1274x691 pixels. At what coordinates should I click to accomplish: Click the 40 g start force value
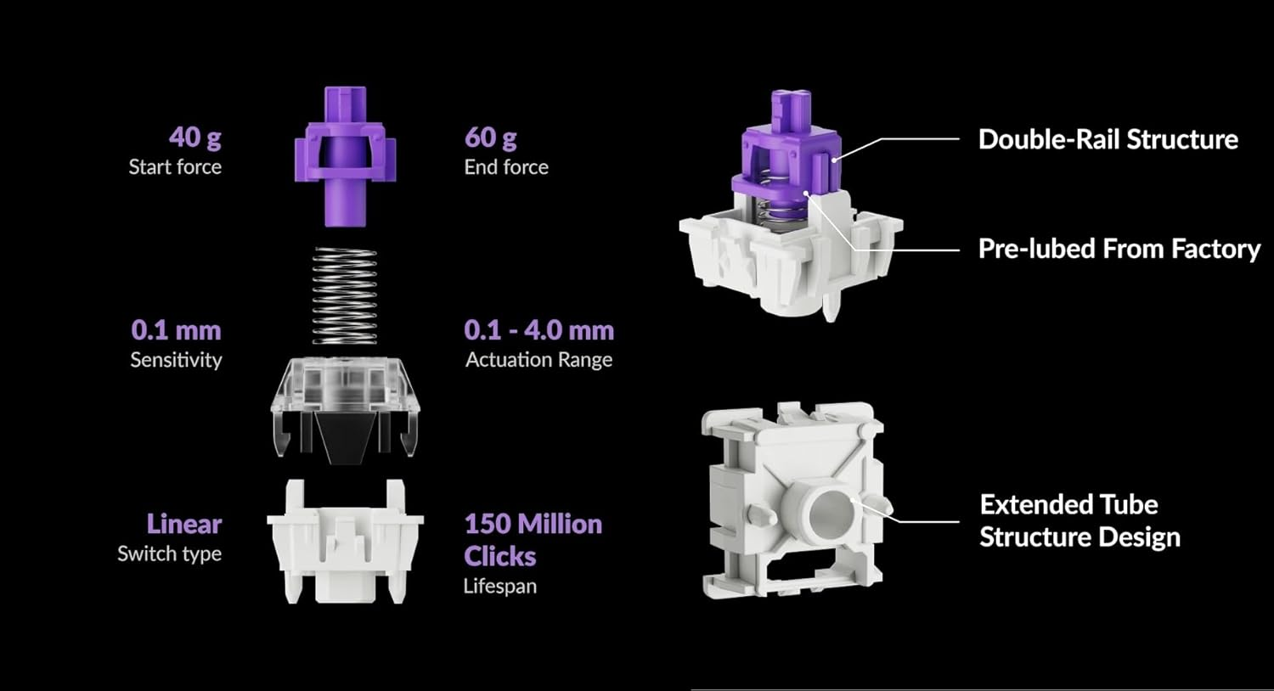point(195,138)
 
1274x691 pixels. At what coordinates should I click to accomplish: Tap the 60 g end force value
point(490,138)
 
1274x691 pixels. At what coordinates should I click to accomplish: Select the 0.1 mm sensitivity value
point(177,330)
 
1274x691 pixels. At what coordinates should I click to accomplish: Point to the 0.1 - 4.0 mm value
point(539,330)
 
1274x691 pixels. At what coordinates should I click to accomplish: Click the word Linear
point(184,524)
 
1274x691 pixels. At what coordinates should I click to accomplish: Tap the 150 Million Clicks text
point(533,540)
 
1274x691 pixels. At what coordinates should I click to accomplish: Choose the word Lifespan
point(500,587)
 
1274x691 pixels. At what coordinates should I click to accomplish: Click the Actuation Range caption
point(539,360)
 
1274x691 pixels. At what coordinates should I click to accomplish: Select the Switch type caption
point(170,554)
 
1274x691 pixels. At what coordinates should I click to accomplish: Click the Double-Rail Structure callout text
point(1108,140)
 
